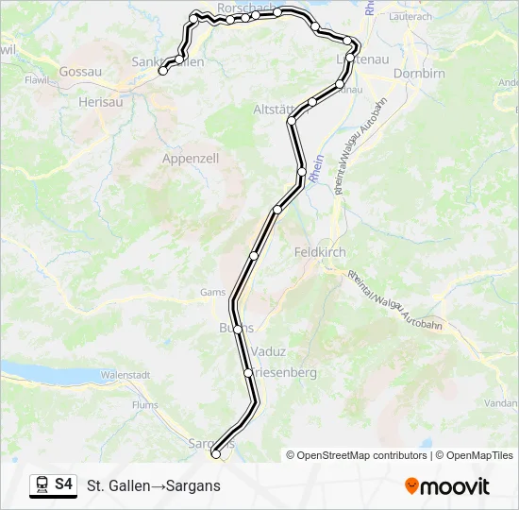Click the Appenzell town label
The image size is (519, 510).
(x=191, y=159)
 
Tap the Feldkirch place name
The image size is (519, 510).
(x=320, y=253)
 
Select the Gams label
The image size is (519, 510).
(x=212, y=293)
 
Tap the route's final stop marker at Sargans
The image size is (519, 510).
(x=216, y=454)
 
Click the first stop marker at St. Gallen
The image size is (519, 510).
(x=163, y=71)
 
